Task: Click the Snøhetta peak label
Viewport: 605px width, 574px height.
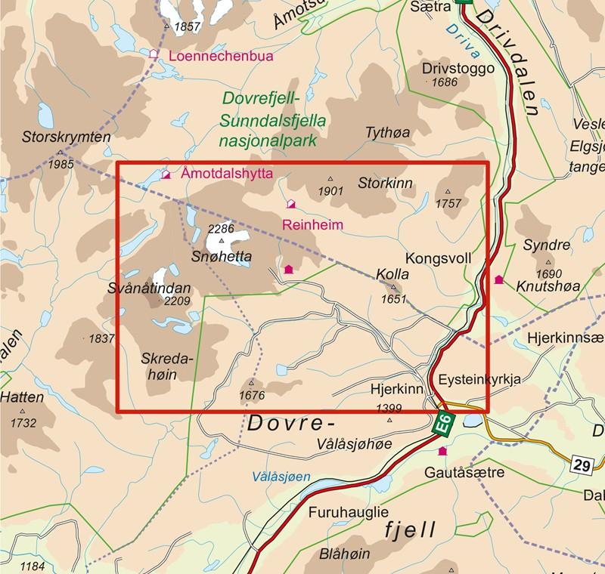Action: point(221,258)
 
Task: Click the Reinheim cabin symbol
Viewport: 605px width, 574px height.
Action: point(290,204)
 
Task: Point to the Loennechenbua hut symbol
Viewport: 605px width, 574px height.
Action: point(154,54)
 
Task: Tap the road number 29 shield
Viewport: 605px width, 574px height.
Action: point(581,466)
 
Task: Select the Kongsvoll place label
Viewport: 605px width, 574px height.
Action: point(438,258)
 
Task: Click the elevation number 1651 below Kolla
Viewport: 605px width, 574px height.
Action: point(393,299)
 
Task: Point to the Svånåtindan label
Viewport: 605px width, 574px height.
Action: point(150,288)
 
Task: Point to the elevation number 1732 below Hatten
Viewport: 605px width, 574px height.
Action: point(23,424)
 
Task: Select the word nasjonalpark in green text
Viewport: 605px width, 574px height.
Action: point(265,140)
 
